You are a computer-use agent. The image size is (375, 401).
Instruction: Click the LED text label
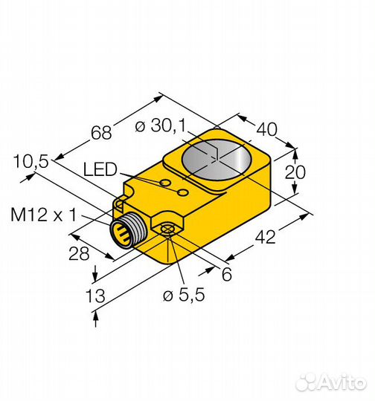pos(100,171)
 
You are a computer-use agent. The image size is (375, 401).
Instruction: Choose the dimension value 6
pos(226,274)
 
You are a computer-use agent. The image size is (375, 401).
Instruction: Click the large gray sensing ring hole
pos(217,159)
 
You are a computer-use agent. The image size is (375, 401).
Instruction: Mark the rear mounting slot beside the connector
pos(121,201)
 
